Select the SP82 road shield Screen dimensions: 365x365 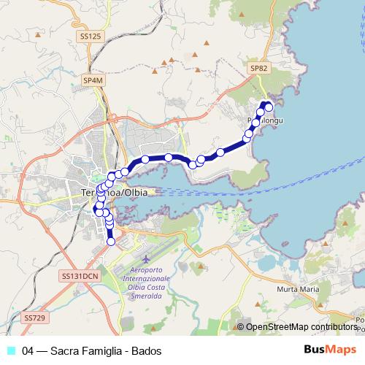(259, 67)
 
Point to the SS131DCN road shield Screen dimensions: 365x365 (80, 276)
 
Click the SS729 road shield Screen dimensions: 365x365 (34, 318)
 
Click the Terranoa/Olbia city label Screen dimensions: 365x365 (112, 192)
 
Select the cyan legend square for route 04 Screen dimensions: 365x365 (11, 350)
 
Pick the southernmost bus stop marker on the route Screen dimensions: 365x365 (111, 242)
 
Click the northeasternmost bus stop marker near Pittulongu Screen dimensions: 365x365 (269, 107)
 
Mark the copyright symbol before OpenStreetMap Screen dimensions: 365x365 (240, 328)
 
